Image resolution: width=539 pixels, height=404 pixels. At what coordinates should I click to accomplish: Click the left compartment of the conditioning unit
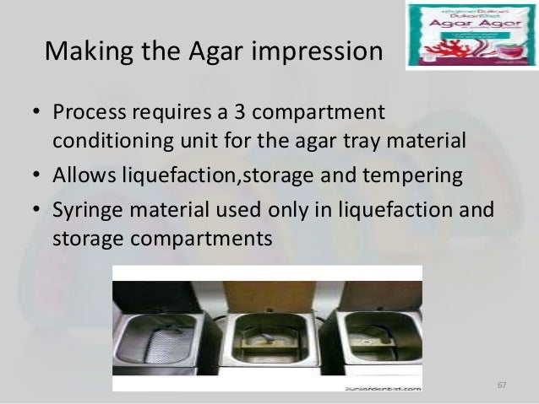click(160, 337)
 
